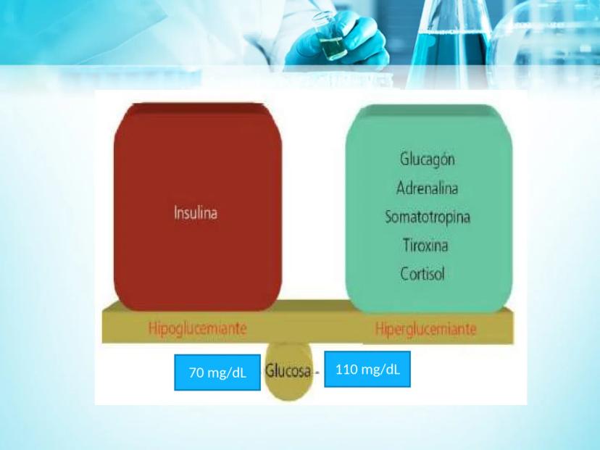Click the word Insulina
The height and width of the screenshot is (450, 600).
pos(196,213)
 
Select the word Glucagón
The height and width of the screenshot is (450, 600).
pos(428,159)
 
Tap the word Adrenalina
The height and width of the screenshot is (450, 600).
pos(427,188)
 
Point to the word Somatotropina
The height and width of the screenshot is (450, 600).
pos(428,217)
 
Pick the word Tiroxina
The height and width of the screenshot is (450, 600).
pos(425,245)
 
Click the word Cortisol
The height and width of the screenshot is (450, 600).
pos(422,274)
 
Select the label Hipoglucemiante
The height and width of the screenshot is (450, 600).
pos(197,328)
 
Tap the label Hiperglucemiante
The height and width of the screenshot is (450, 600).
pos(426,329)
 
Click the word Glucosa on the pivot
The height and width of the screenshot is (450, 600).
pos(288,370)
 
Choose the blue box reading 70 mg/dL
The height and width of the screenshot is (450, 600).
pos(217,372)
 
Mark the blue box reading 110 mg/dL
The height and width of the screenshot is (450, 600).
pos(367,370)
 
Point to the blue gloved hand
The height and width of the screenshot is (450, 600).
pos(337,38)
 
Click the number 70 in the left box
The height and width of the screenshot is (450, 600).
pos(196,372)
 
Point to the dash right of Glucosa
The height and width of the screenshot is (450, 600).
pos(317,372)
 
